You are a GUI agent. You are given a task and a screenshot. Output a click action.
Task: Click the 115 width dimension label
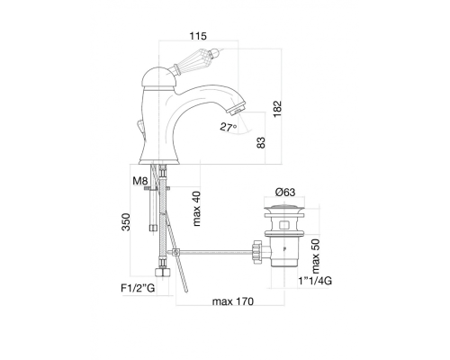(x=198, y=36)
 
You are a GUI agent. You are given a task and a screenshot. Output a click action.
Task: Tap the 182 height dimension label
(x=277, y=109)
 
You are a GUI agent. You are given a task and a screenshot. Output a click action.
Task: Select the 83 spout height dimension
(x=261, y=142)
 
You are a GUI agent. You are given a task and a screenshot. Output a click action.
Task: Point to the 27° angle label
(x=229, y=127)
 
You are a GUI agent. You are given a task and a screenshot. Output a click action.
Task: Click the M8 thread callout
(x=140, y=181)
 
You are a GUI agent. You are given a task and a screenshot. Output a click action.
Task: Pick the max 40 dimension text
(x=196, y=209)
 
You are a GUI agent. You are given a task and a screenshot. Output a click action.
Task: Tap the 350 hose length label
(x=126, y=222)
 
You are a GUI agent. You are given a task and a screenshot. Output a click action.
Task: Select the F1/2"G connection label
(x=138, y=288)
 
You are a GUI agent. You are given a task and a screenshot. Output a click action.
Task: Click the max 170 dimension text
(x=233, y=301)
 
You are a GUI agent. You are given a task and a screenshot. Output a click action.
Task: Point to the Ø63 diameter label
(x=285, y=192)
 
